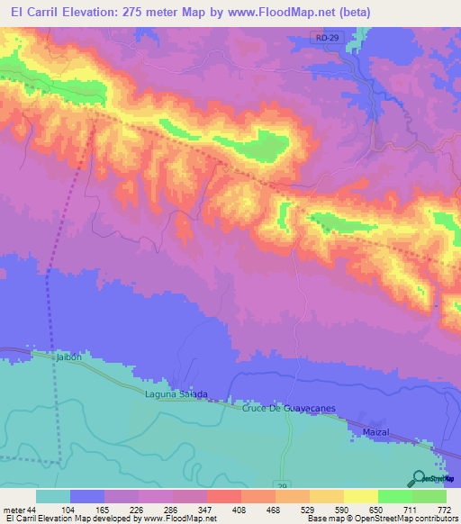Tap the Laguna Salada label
click(176, 394)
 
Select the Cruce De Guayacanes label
click(288, 409)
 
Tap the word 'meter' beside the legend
click(14, 510)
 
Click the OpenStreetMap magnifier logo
click(420, 478)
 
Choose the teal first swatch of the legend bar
click(53, 496)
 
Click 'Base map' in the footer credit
click(321, 519)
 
